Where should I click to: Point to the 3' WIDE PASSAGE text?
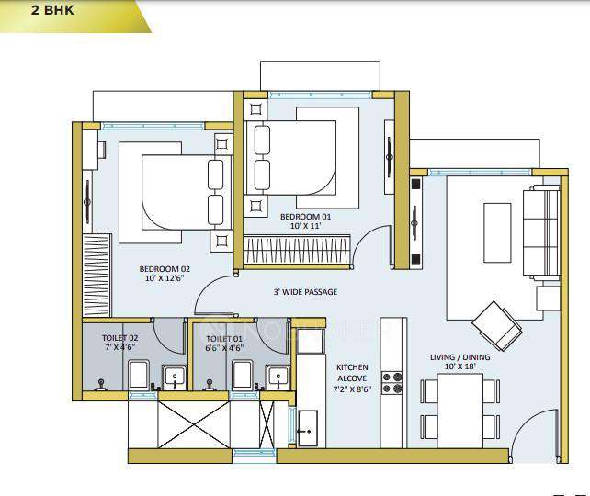305,292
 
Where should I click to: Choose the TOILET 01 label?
224,337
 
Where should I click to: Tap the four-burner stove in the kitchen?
392,382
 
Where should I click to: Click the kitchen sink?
307,425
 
